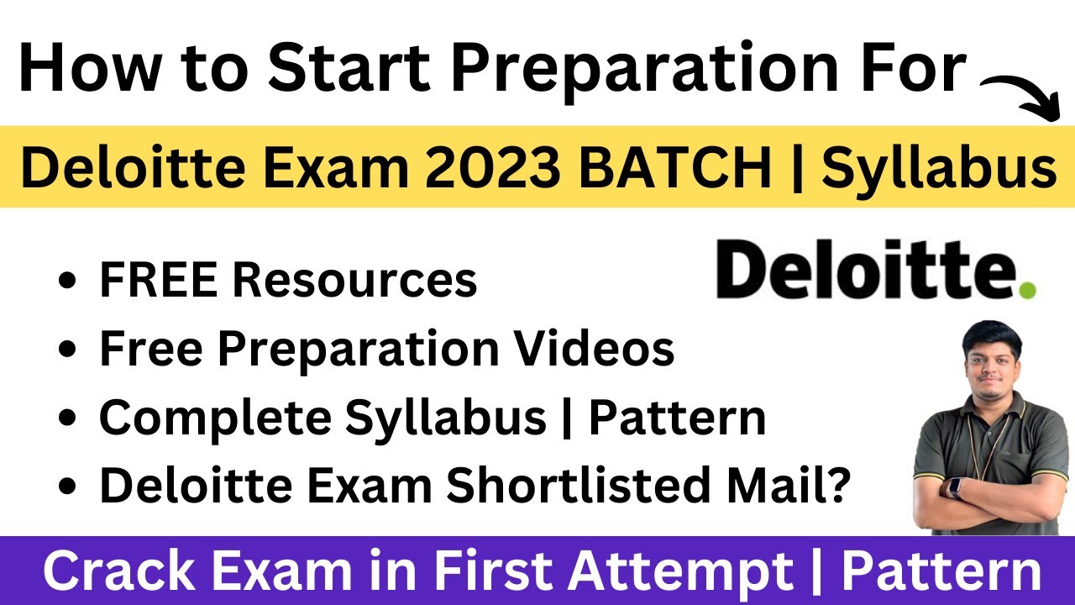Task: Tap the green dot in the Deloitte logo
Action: point(1027,290)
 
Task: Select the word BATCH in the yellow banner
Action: point(674,166)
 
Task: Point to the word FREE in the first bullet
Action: point(159,280)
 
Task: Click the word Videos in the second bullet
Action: point(594,348)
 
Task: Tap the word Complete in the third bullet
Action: point(215,418)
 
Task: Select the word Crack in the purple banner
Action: point(118,571)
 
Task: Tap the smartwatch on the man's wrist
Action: point(955,488)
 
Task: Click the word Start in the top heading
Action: point(349,67)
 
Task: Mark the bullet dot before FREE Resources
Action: point(67,281)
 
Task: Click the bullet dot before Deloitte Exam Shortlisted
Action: point(67,486)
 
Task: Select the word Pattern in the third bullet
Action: point(677,418)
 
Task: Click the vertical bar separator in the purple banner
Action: point(816,572)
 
